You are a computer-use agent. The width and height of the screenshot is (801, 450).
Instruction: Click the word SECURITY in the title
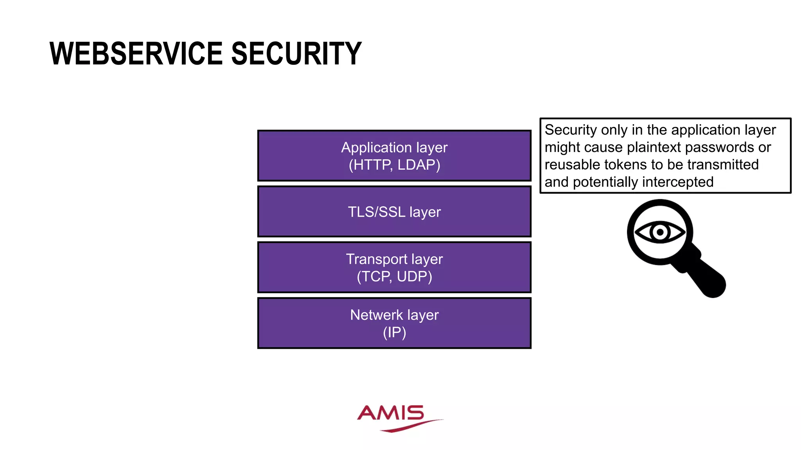(x=296, y=54)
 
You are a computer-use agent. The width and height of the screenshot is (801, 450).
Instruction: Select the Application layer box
(x=394, y=155)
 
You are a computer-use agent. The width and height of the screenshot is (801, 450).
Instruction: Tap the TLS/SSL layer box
(x=394, y=212)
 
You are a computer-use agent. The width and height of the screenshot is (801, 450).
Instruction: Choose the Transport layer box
(x=394, y=267)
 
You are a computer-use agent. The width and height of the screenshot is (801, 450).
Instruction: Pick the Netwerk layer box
(x=394, y=323)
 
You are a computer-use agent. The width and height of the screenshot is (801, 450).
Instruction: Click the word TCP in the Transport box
(x=375, y=277)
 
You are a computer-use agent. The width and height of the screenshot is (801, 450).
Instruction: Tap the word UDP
(x=412, y=277)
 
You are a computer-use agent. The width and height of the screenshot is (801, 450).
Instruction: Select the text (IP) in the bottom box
(x=394, y=332)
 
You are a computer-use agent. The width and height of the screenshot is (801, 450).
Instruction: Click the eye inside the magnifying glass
(x=660, y=232)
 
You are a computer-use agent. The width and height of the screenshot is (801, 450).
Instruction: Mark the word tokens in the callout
(x=625, y=165)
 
